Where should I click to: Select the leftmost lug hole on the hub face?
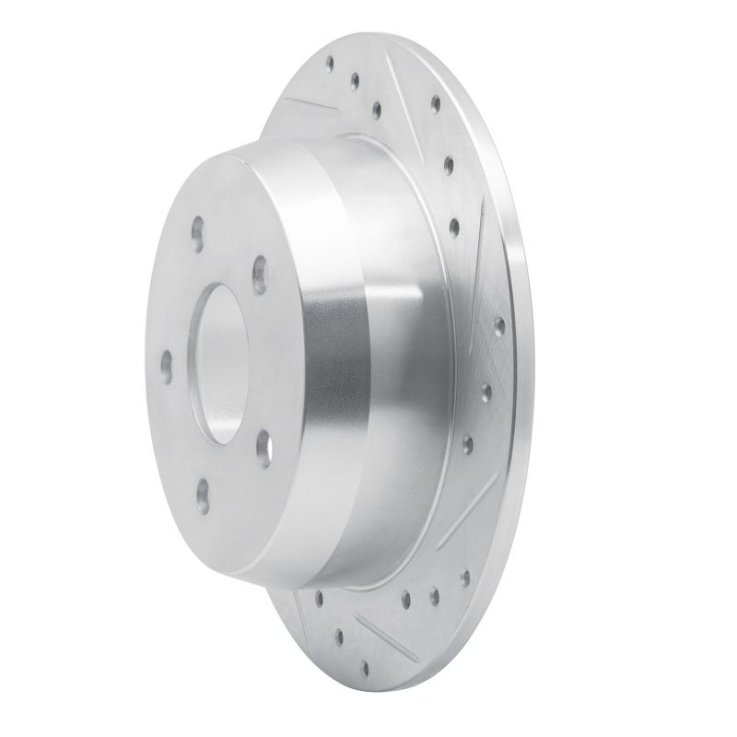[x=166, y=365]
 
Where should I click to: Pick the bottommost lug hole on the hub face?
[x=203, y=497]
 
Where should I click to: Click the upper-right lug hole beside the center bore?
[x=260, y=275]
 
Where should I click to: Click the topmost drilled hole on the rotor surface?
[x=329, y=64]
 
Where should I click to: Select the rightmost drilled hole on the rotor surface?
[x=498, y=325]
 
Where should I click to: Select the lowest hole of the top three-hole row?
[x=376, y=111]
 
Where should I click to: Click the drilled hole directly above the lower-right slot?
[x=467, y=444]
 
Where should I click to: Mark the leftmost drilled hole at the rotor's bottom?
[x=318, y=599]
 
